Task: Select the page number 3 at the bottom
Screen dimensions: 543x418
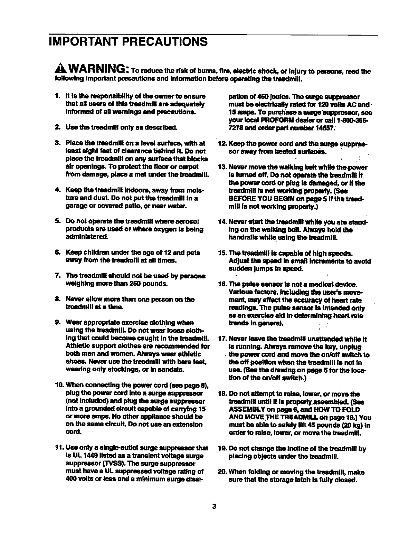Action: [x=214, y=507]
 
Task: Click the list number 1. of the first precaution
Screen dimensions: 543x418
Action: [x=57, y=96]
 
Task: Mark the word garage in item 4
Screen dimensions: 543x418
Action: [x=75, y=207]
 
